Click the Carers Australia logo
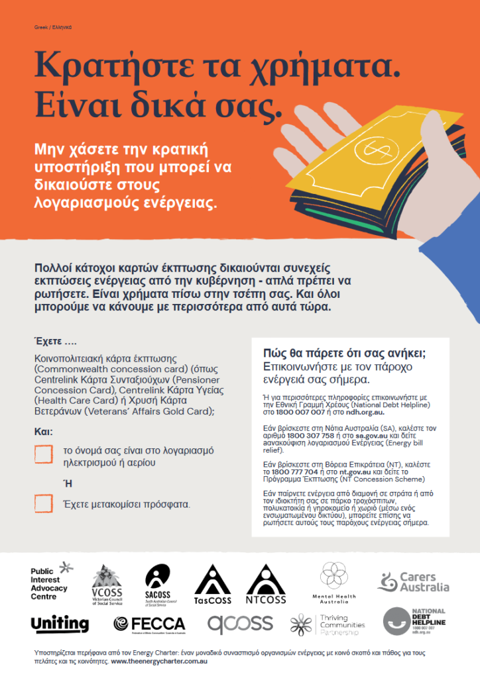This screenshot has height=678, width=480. click(413, 582)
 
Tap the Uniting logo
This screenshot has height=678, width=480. click(60, 624)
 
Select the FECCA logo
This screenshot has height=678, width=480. click(149, 624)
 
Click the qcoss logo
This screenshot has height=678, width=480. click(240, 624)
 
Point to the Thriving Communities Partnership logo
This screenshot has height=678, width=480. click(328, 624)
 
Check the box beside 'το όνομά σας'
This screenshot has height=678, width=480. click(43, 454)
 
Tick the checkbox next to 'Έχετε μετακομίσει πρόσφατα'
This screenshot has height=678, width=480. click(43, 504)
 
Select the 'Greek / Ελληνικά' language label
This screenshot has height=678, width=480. click(52, 27)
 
